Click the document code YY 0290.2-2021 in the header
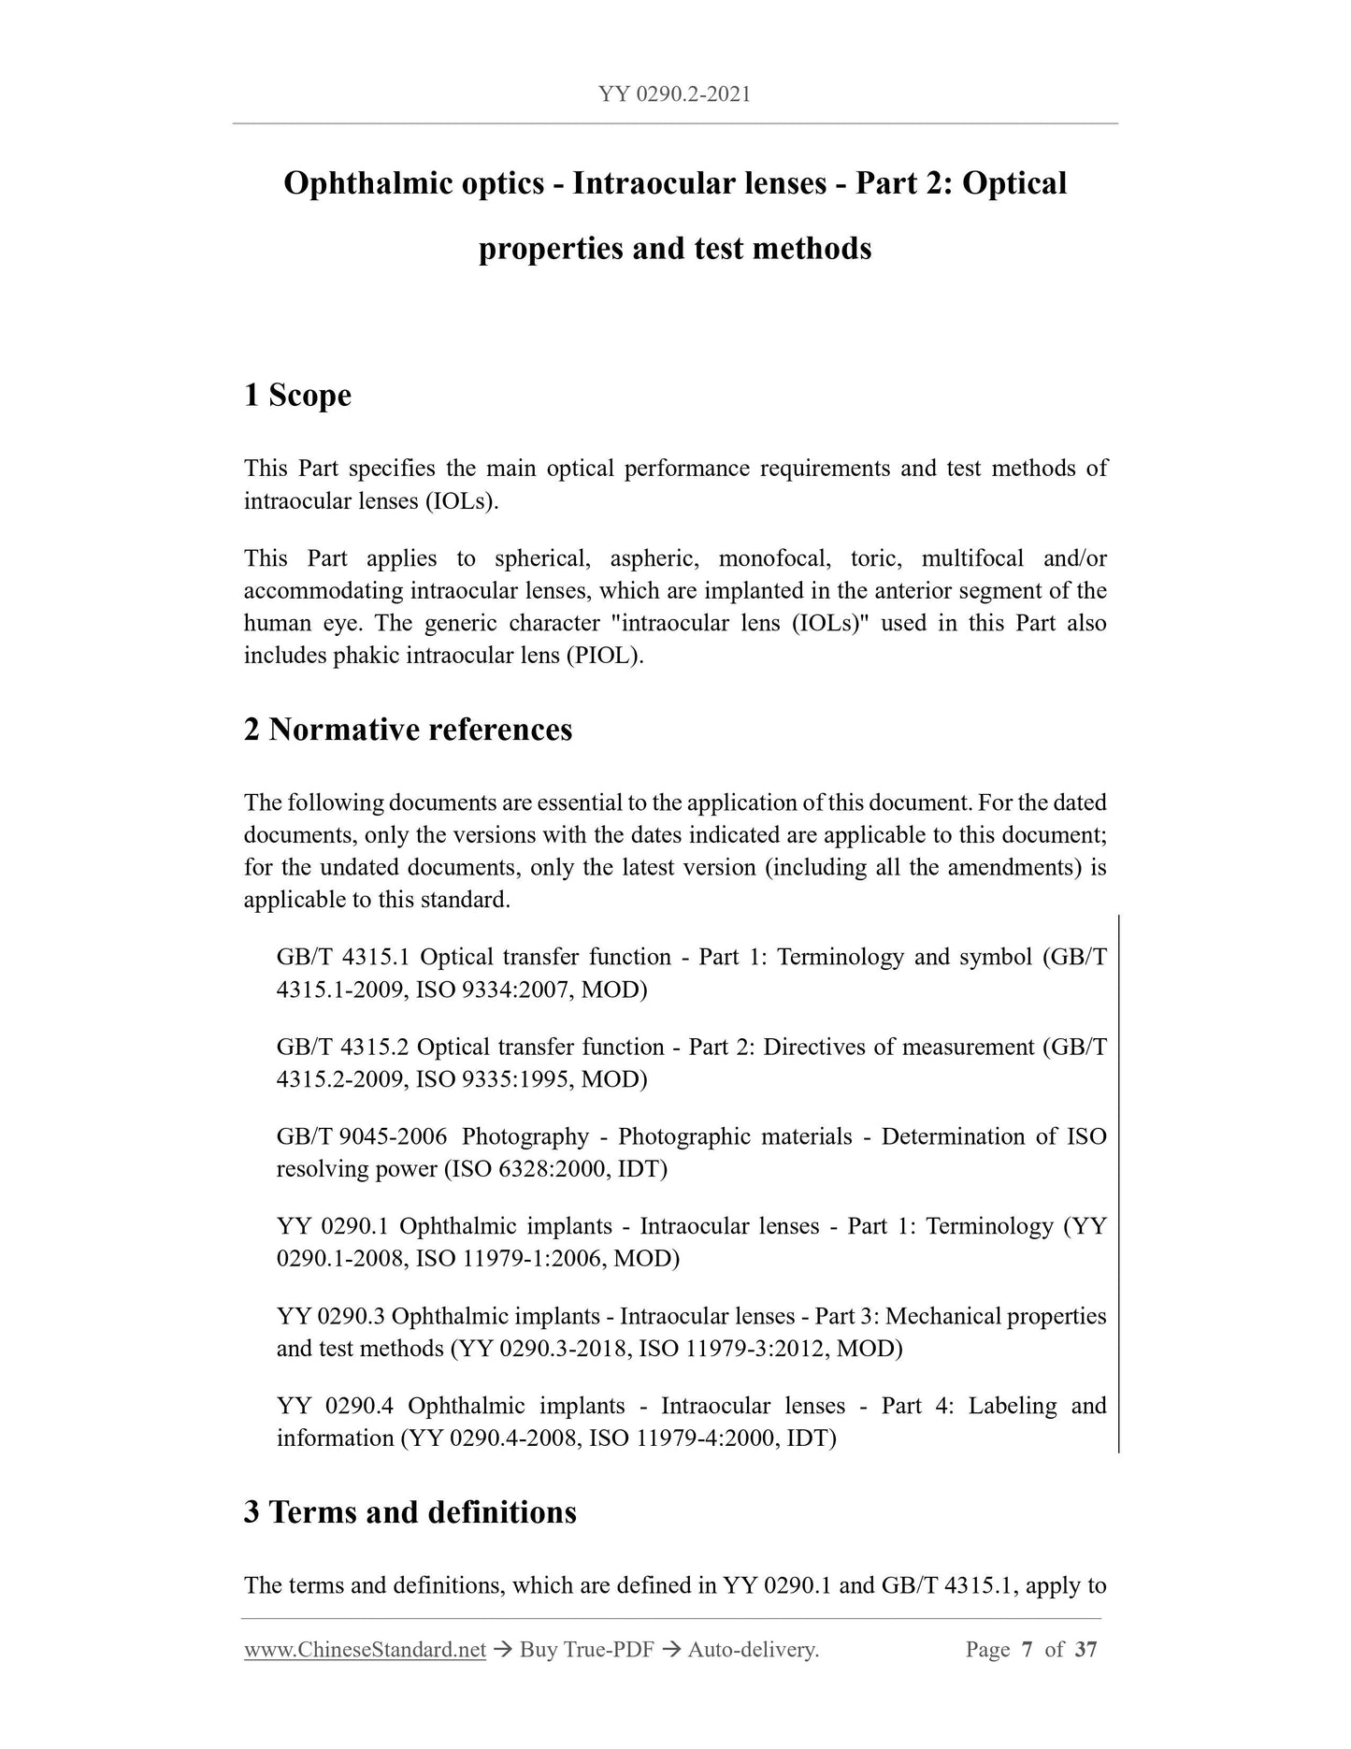(674, 94)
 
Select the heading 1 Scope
(297, 396)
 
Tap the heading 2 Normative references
(408, 730)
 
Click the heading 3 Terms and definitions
(410, 1512)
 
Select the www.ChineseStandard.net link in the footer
(365, 1650)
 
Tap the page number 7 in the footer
(1027, 1650)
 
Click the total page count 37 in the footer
(1085, 1650)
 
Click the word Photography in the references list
(525, 1136)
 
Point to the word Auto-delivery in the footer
(753, 1650)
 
